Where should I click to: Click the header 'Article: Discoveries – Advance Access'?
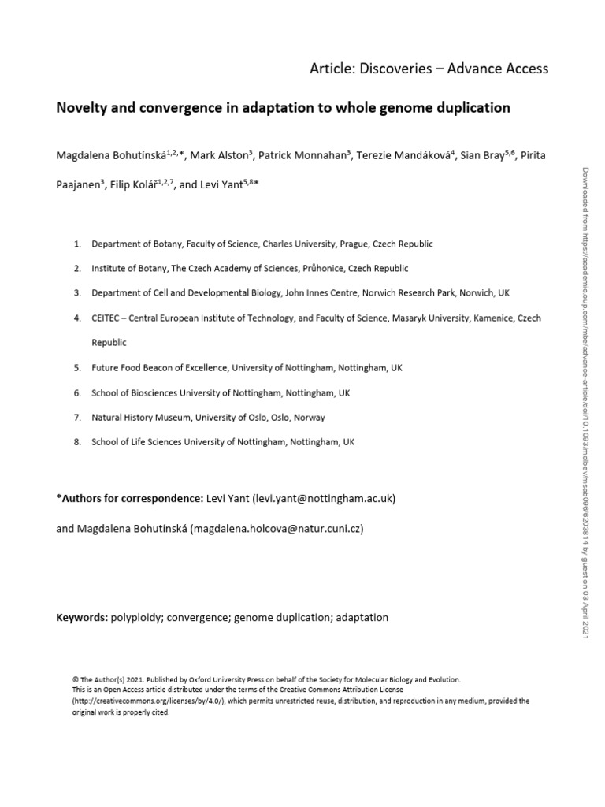click(429, 69)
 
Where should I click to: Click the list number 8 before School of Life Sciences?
click(77, 442)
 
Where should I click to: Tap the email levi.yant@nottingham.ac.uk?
click(331, 499)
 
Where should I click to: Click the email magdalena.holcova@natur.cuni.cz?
click(277, 529)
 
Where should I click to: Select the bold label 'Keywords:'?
click(81, 617)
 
